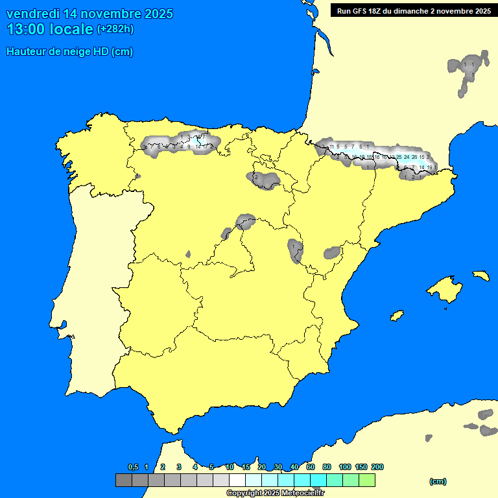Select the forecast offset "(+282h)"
pos(115,29)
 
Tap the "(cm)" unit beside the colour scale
pos(438,481)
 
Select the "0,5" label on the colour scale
pos(133,468)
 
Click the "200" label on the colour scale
pos(377,468)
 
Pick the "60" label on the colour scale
pos(311,468)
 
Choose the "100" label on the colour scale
pos(345,468)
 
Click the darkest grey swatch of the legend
pos(123,480)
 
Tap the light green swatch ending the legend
pos(366,480)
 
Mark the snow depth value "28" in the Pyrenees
pos(414,157)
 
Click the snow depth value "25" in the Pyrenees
pos(399,157)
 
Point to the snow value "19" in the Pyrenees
pos(429,167)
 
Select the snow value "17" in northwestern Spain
pos(205,147)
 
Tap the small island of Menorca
pos(480,276)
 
